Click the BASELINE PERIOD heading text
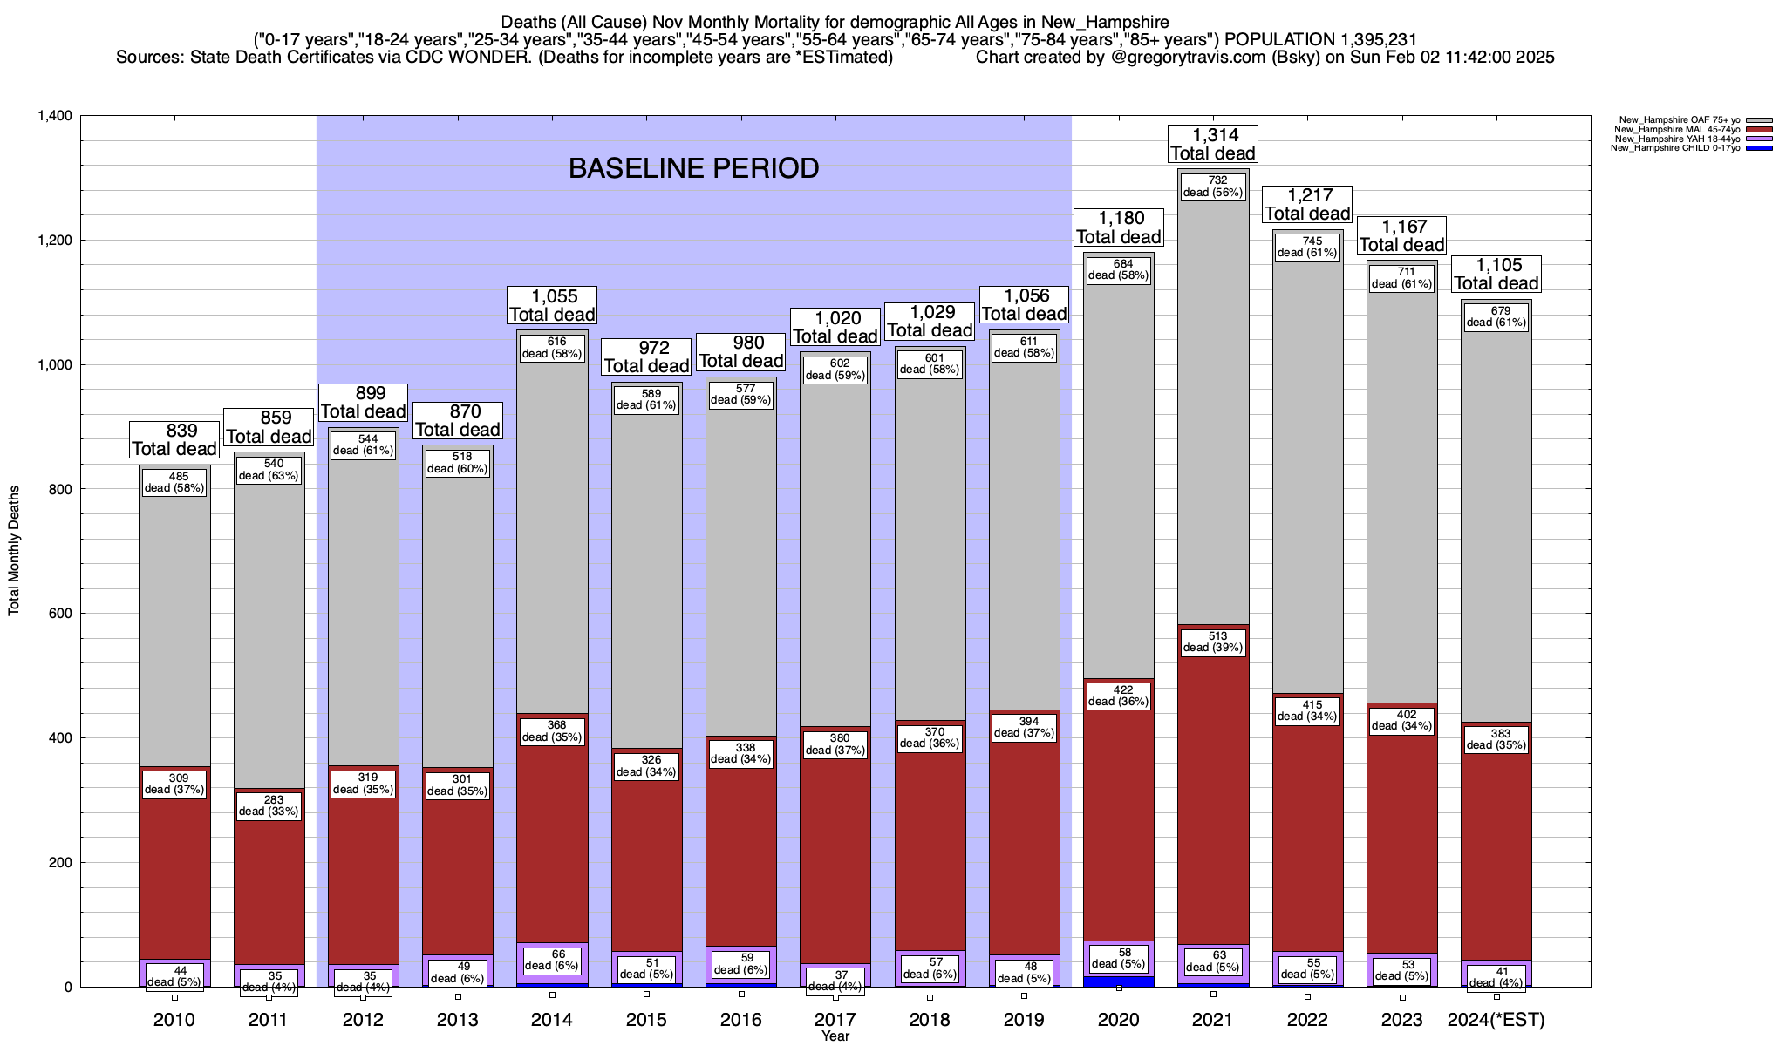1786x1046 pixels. coord(693,168)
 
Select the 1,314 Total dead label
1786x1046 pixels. coord(1212,144)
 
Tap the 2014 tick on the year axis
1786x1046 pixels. coord(552,1020)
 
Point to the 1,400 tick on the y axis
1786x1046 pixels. coord(54,116)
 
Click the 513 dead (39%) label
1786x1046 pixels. coord(1213,642)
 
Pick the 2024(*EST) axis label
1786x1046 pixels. coord(1496,1020)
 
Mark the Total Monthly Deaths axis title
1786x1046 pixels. coord(14,551)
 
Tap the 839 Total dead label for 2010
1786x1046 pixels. coord(174,439)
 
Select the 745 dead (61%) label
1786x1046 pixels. coord(1307,247)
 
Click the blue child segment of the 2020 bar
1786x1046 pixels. coord(1119,981)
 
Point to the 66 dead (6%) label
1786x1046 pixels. coord(552,959)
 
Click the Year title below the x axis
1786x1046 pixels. coord(835,1036)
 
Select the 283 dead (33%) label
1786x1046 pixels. coord(269,805)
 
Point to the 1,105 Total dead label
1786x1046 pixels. coord(1496,274)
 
